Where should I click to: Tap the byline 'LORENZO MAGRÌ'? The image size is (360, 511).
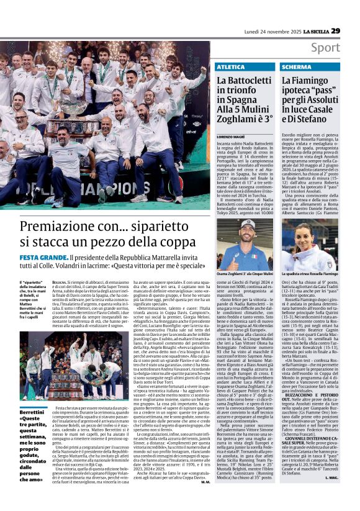231,135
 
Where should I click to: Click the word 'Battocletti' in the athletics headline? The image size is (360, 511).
248,81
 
